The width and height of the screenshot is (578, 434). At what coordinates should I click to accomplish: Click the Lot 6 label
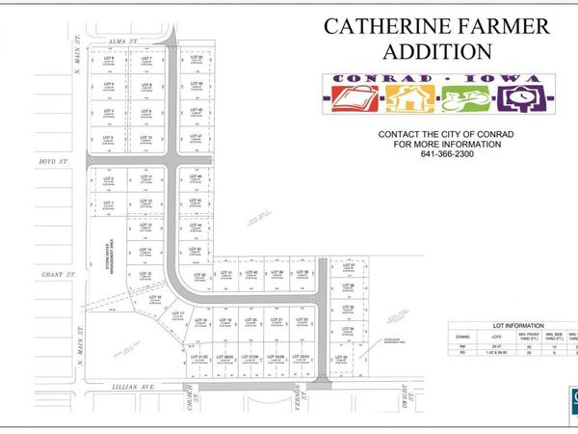pos(109,59)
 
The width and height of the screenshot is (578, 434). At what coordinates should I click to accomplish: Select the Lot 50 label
pos(196,59)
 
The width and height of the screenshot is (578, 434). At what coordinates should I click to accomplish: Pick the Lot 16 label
pos(153,298)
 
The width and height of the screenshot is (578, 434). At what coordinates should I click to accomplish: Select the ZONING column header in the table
pos(461,338)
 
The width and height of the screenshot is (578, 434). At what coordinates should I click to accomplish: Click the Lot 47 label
pos(196,137)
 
